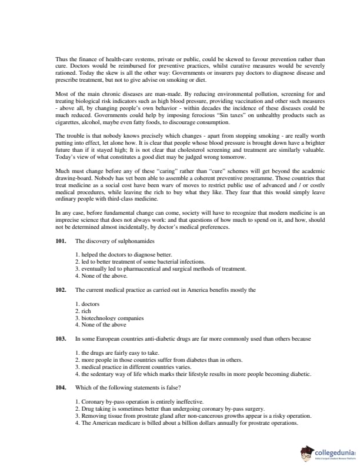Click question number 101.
click(61, 241)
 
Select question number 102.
click(61, 289)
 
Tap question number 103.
click(61, 338)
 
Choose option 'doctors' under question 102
click(88, 304)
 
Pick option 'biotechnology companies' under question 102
click(105, 318)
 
